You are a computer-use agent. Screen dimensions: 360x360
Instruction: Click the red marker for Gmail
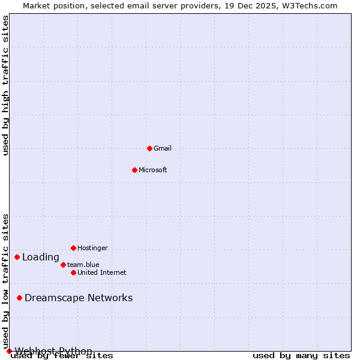(149, 148)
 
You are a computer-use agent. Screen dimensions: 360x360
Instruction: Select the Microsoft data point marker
(134, 170)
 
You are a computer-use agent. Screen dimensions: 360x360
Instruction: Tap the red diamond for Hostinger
(73, 248)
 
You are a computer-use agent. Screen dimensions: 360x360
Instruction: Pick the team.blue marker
(63, 265)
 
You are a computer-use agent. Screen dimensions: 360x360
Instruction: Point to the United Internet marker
(73, 272)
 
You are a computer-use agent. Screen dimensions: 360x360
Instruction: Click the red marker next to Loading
(17, 257)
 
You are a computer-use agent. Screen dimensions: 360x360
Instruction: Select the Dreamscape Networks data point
(19, 298)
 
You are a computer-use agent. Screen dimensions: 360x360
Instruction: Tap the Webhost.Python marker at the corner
(9, 351)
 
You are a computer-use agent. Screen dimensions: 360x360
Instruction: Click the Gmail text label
(162, 148)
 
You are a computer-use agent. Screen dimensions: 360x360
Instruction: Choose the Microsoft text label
(152, 170)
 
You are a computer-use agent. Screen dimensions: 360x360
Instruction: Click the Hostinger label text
(92, 248)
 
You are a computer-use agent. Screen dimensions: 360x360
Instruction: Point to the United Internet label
(101, 272)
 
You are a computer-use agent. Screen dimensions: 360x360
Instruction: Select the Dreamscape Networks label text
(79, 298)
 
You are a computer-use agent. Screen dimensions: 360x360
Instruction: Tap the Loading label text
(41, 257)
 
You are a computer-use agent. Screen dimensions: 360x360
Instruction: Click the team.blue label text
(83, 265)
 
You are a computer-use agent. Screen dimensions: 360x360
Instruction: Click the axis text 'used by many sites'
(301, 355)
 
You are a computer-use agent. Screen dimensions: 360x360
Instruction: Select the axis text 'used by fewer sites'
(62, 355)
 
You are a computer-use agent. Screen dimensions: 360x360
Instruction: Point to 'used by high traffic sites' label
(6, 85)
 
